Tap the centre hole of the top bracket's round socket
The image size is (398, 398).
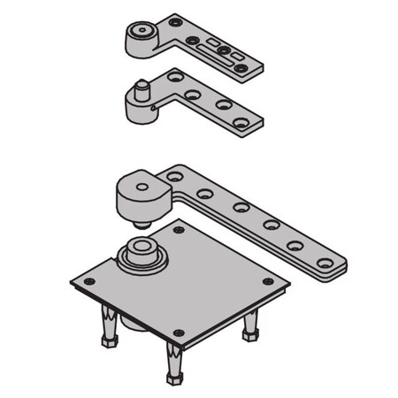click(x=139, y=34)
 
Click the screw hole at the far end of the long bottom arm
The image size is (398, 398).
click(x=325, y=263)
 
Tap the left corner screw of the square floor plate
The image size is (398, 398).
click(x=88, y=281)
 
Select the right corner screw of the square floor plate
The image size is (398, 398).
click(x=267, y=281)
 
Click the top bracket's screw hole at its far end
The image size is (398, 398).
click(x=241, y=67)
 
